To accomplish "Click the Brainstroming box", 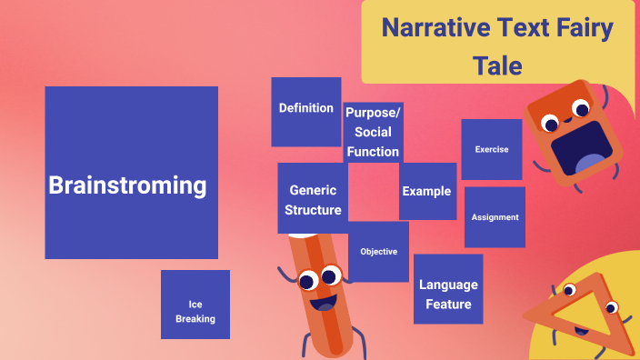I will click(x=131, y=173).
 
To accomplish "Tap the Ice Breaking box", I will click(x=195, y=305).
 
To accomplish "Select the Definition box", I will click(x=306, y=111).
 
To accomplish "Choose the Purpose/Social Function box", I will click(x=373, y=132).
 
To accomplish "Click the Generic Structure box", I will click(x=313, y=199).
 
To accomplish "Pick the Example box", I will click(x=427, y=191).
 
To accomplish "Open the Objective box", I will click(x=378, y=252).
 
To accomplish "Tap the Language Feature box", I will click(x=448, y=289).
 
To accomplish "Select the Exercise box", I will click(x=492, y=149).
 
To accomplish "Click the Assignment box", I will click(x=495, y=217).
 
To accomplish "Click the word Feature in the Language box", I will click(x=448, y=304).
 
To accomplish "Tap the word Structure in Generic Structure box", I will click(x=313, y=210).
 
